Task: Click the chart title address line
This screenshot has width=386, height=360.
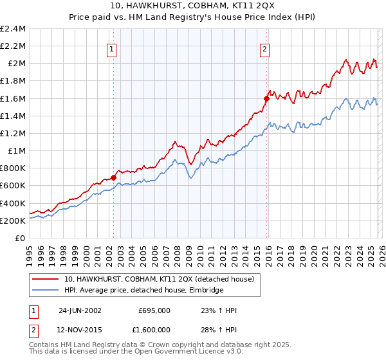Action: [193, 6]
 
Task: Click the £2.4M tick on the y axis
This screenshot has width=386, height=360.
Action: [13, 29]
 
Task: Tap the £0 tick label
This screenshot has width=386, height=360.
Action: [19, 238]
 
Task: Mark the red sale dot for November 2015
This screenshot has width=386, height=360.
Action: [266, 98]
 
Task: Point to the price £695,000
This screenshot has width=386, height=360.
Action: [154, 310]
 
